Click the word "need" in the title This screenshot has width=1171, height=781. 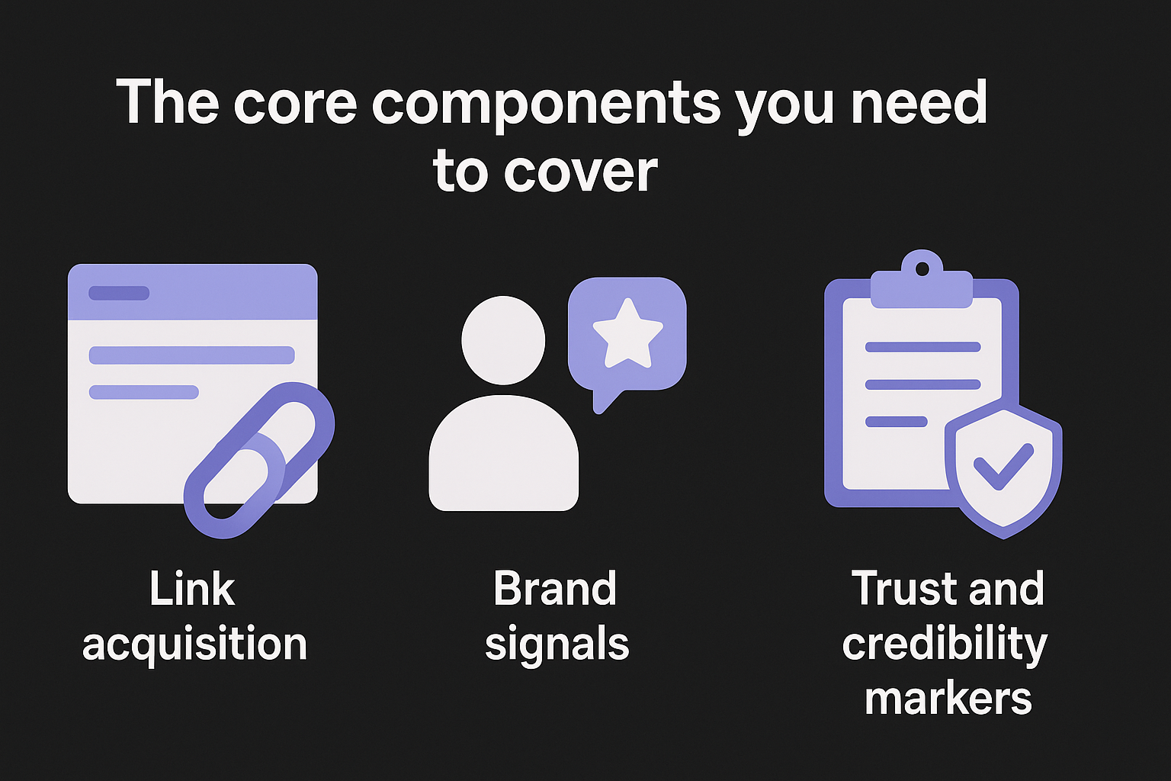pos(919,103)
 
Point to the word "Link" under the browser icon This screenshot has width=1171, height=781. pos(192,590)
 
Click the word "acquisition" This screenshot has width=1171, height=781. pos(194,645)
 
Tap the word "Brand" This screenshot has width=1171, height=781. pos(555,590)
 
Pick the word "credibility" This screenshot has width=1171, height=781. pos(945,645)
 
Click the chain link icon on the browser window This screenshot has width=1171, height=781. pos(258,461)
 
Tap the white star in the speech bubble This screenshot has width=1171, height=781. pos(627,333)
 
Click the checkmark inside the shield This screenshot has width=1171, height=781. pos(1003,466)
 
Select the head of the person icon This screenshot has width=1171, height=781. pos(503,340)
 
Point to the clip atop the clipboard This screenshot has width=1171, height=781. pos(922,282)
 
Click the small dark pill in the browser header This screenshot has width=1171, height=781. pos(119,293)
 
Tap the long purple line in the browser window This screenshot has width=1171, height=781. pos(192,355)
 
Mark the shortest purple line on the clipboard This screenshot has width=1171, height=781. pos(897,422)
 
